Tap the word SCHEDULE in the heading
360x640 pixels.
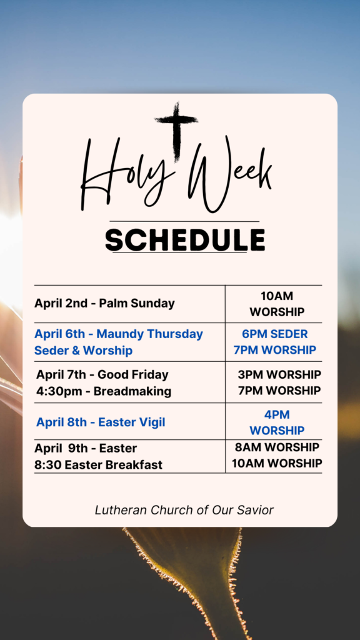(x=185, y=240)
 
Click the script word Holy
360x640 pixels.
(x=126, y=174)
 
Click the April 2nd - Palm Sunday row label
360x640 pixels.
(x=104, y=303)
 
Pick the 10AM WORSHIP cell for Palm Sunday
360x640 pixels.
(x=277, y=304)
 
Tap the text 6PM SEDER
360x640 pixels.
(x=275, y=334)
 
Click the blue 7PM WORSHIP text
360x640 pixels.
(x=275, y=350)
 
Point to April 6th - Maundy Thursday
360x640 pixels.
(x=118, y=334)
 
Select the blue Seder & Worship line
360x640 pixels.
(x=83, y=351)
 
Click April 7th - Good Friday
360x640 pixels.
(x=102, y=374)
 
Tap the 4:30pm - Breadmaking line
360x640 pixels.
(x=104, y=391)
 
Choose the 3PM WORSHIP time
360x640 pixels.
(x=279, y=374)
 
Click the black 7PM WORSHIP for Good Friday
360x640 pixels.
(x=279, y=391)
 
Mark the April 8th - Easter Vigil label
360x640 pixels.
(x=101, y=422)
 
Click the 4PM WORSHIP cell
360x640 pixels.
(x=277, y=423)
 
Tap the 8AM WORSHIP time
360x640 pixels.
(x=277, y=447)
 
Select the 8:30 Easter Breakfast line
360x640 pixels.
(x=98, y=464)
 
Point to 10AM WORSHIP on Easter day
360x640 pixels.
(x=277, y=463)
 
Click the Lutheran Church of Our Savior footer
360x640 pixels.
(x=184, y=510)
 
